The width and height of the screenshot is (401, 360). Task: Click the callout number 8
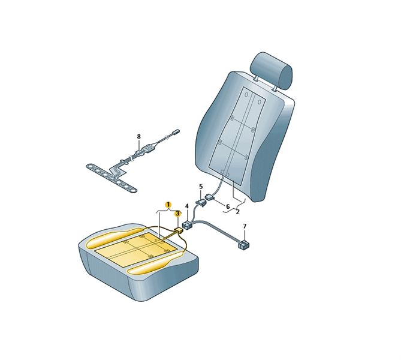pos(138,136)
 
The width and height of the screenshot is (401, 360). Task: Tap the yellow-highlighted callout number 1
pos(168,205)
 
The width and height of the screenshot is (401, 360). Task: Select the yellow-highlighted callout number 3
pos(177,214)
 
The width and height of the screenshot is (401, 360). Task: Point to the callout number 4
pos(186,206)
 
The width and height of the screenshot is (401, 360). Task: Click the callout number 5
pos(201,186)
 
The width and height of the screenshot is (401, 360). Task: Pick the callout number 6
pos(228,206)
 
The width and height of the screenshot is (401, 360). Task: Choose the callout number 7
pos(245,226)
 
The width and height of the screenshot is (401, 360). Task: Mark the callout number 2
pos(238,212)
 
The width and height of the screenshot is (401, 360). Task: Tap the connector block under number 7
pos(244,245)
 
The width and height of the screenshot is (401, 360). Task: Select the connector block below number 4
pos(188,226)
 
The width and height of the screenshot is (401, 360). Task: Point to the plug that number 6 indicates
pos(209,197)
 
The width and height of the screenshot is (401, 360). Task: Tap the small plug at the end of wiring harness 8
pos(176,131)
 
